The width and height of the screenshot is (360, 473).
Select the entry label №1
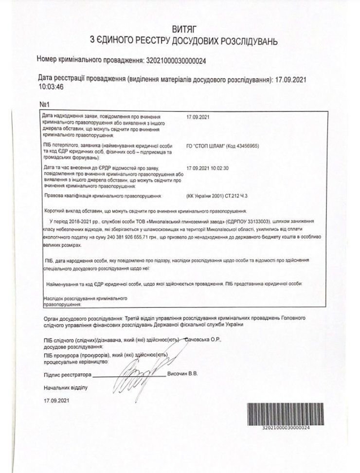[x=45, y=105]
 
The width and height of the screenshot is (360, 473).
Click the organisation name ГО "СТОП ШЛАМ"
[x=207, y=145]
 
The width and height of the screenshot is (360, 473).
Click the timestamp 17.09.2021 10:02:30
[x=208, y=168]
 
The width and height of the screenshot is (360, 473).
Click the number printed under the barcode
[x=279, y=428]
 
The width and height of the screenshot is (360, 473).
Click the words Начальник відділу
[x=65, y=387]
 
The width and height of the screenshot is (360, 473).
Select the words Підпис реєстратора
[x=67, y=375]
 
